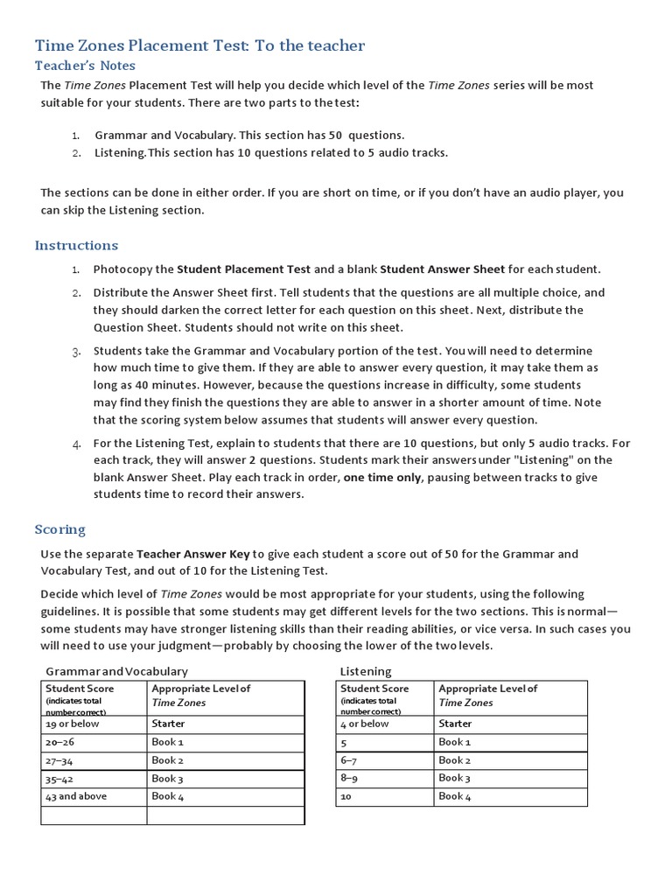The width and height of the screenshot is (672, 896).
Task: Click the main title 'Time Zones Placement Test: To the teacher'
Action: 199,45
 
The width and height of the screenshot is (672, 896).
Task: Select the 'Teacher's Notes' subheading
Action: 85,66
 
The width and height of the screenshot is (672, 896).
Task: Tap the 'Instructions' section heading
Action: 76,245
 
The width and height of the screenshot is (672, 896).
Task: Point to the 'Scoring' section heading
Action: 60,529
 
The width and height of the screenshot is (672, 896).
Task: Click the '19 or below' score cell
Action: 73,724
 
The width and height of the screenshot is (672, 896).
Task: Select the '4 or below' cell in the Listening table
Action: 364,724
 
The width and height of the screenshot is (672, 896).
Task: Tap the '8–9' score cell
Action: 349,778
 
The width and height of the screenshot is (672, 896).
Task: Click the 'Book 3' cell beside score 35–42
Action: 167,778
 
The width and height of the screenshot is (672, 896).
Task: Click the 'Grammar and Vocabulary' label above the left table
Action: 116,671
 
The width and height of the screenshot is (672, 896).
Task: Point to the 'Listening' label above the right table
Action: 365,671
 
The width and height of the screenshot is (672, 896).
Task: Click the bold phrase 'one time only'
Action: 381,477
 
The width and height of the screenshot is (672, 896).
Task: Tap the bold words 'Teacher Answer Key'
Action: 193,554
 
